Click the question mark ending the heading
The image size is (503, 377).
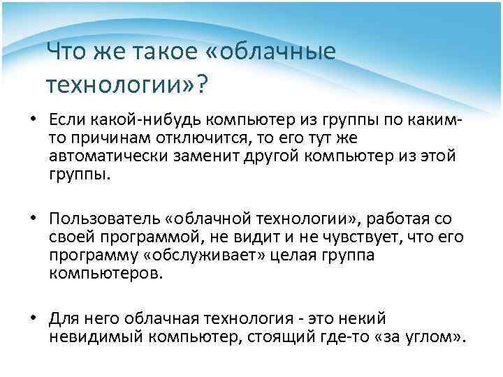(x=201, y=84)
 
